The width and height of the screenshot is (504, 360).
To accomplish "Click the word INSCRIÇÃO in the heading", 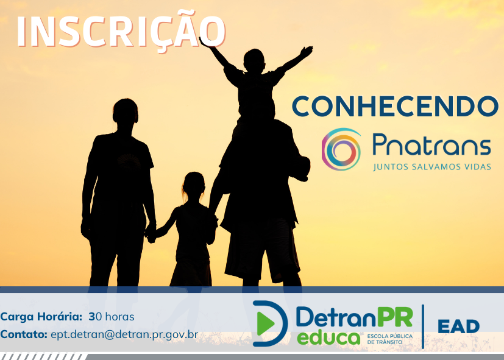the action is coord(121,30).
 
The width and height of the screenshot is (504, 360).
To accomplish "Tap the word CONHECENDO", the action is coord(396,107).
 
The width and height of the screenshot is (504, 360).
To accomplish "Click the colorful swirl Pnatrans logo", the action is coord(341,149).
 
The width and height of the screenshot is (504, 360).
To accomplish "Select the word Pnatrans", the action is coord(431,145).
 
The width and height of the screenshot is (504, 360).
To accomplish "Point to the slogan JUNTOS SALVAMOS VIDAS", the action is coord(432,167).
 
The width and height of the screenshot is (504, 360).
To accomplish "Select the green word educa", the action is coord(328,338).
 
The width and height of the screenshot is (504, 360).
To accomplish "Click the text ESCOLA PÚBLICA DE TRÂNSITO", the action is coord(390,339).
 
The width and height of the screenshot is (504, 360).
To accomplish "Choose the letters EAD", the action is coord(458,326).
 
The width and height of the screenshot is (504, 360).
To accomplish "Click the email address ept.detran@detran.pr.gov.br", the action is coord(124,334).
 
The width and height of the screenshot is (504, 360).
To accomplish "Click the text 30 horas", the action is coord(112,317).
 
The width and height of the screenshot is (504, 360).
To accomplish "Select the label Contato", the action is coord(24,334).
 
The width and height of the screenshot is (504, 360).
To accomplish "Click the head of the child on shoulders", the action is coord(254,60).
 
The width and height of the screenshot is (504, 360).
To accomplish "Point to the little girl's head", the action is coord(193,184).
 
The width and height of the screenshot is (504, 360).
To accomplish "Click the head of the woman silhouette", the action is coord(126,111).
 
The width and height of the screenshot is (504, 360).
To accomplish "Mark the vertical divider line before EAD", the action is coord(423,326).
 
